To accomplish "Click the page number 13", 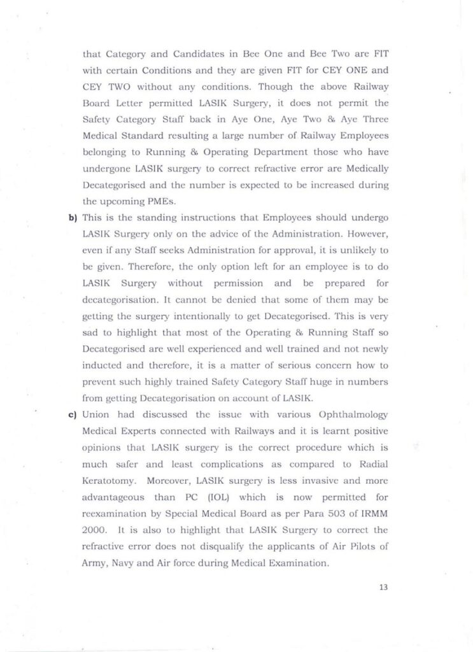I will (x=383, y=587).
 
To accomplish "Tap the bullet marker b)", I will (x=73, y=218).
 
